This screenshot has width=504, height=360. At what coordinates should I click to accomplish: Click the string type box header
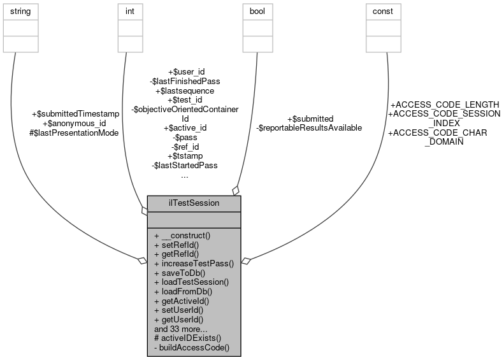click(21, 11)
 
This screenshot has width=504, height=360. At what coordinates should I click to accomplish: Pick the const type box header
click(382, 11)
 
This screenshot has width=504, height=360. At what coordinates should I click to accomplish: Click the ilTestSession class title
click(194, 203)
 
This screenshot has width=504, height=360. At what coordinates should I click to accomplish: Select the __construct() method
click(182, 235)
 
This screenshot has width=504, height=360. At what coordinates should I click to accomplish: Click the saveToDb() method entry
click(179, 272)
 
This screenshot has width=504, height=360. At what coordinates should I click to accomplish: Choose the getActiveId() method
click(182, 300)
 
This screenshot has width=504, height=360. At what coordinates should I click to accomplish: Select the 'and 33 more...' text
click(180, 329)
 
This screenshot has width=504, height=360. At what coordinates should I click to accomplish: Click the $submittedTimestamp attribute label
click(75, 114)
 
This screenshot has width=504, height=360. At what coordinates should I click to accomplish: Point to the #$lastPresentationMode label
click(74, 132)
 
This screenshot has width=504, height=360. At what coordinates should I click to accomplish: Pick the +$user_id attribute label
click(185, 72)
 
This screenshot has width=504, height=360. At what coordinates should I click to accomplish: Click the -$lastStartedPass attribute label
click(185, 165)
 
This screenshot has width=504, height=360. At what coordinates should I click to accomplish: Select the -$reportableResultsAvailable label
click(309, 127)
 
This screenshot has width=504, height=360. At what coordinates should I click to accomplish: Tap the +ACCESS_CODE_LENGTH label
click(444, 104)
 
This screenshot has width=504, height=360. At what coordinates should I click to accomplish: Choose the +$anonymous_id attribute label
click(74, 123)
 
